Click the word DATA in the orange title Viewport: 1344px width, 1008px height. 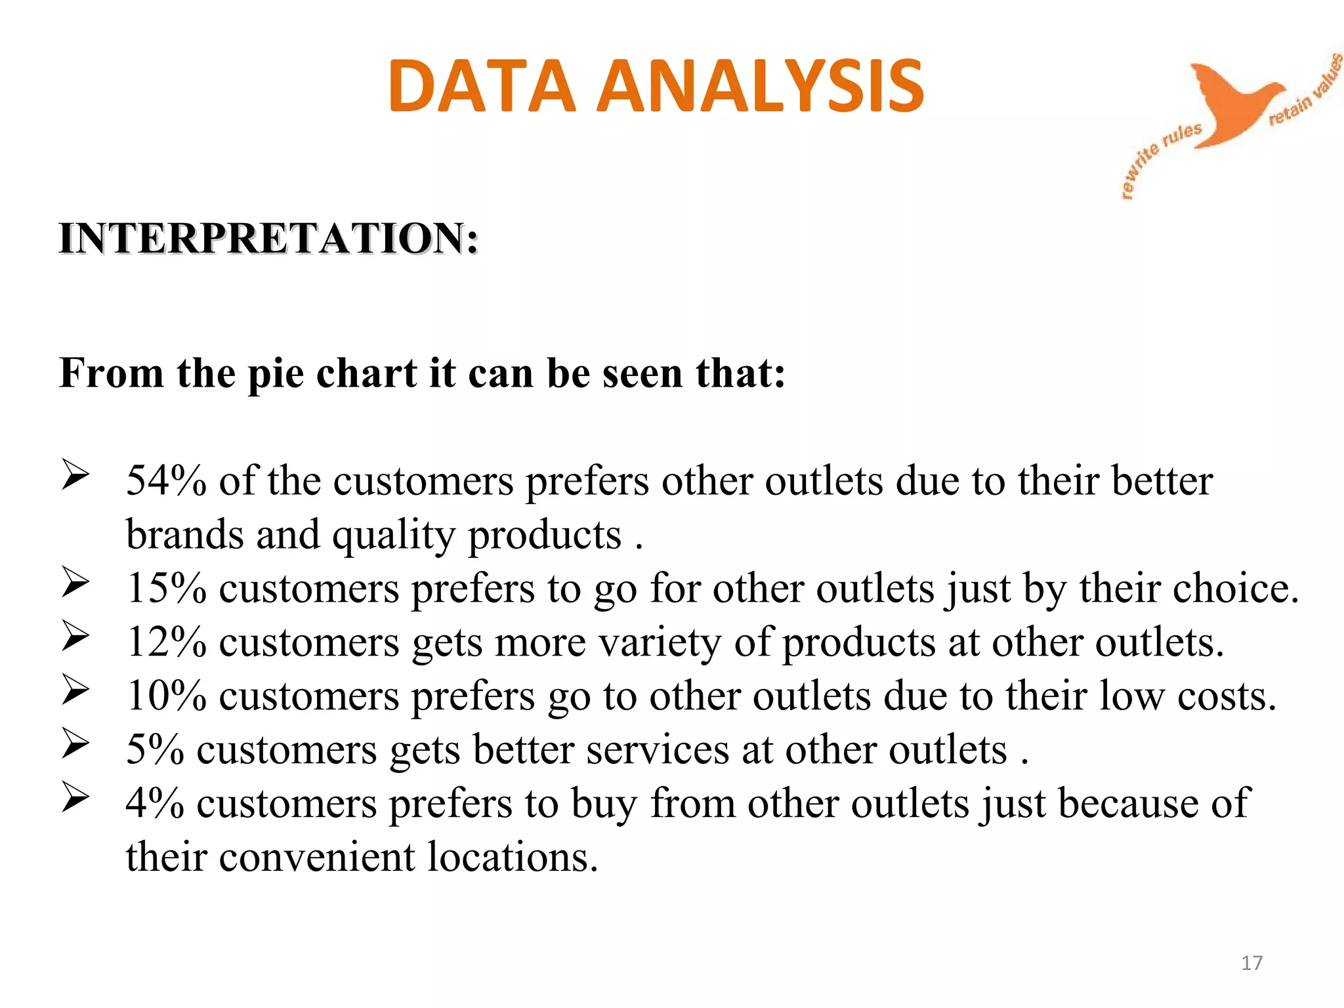482,86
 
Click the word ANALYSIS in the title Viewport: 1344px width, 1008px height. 761,86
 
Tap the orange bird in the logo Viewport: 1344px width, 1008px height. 1234,102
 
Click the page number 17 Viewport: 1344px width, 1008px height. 1251,963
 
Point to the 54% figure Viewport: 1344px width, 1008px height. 166,481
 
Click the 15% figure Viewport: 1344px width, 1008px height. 166,588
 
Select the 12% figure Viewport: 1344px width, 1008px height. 166,642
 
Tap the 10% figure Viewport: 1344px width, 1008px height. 166,696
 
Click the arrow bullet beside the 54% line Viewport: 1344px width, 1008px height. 75,474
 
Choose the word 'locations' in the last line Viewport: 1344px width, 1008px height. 513,857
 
